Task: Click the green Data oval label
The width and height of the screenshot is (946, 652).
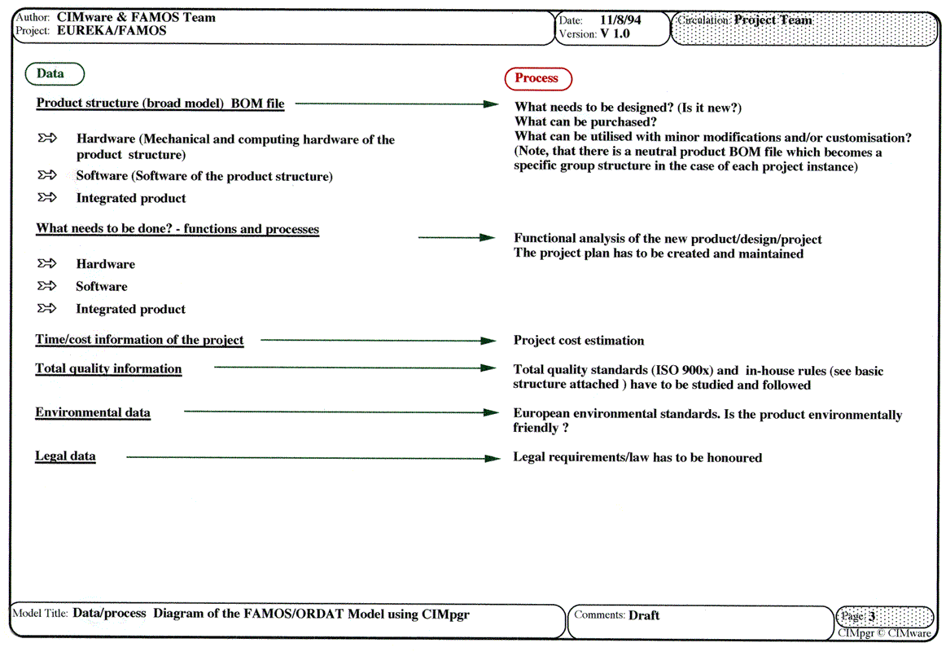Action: (x=50, y=73)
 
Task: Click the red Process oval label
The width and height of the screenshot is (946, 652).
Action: (x=537, y=78)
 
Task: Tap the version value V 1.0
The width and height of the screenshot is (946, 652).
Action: (x=615, y=34)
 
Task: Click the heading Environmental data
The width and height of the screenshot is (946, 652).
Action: (x=93, y=412)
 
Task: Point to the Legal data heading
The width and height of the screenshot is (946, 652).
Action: (x=65, y=456)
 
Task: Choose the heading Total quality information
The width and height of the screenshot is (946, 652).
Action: (x=108, y=368)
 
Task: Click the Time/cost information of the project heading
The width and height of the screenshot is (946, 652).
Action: (x=139, y=340)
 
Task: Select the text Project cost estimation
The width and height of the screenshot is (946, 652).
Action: (x=579, y=341)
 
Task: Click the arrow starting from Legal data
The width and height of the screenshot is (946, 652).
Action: (x=313, y=458)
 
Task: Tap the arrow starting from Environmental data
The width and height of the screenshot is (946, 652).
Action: (x=342, y=412)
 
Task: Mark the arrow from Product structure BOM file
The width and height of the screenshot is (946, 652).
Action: (x=396, y=104)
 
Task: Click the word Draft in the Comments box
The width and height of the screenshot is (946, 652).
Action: (x=644, y=615)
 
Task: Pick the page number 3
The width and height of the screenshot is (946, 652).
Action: (x=872, y=617)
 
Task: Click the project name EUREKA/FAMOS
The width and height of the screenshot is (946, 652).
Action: (x=112, y=31)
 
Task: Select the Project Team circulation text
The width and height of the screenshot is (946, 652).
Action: (x=773, y=20)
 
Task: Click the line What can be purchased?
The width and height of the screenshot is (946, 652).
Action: (x=585, y=122)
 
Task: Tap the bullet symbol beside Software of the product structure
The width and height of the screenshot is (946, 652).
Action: (x=47, y=175)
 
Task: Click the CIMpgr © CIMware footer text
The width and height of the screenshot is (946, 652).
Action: (x=884, y=633)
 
